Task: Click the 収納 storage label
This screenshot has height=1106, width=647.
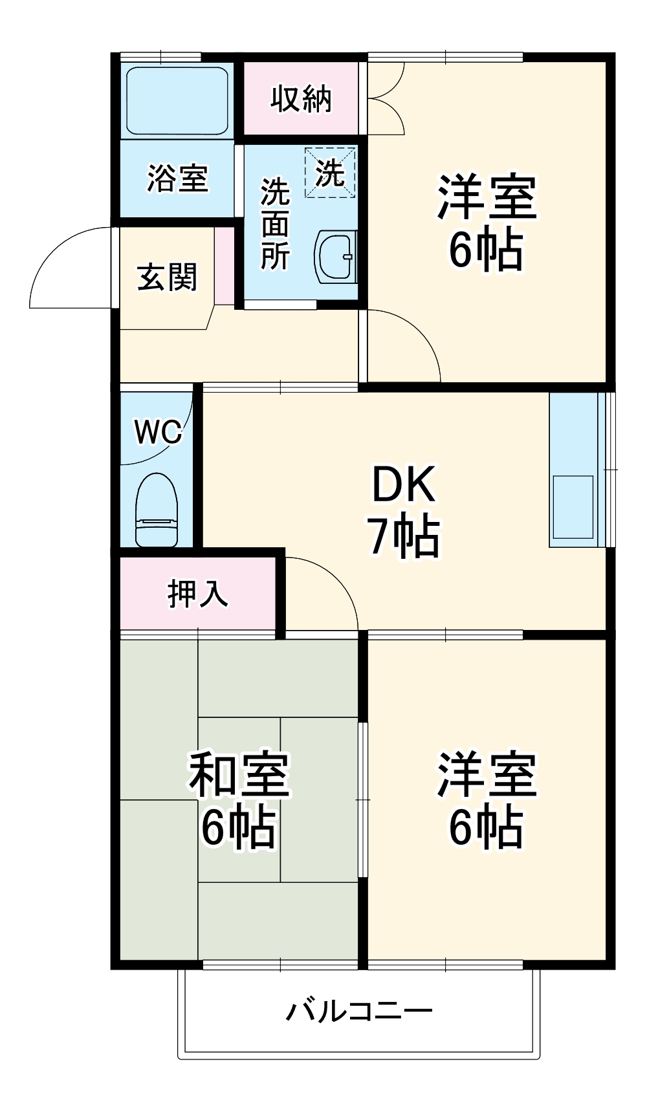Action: [301, 99]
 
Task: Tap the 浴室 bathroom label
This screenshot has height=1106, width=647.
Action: [177, 178]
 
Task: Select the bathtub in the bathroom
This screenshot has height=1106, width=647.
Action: [177, 100]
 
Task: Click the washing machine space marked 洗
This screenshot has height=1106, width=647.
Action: [330, 172]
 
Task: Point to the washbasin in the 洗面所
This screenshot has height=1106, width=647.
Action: [336, 256]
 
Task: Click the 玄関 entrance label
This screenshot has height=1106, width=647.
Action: [167, 277]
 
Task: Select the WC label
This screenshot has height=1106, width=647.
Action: [158, 431]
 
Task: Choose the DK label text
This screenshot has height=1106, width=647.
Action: [404, 484]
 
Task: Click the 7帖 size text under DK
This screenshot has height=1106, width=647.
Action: [404, 536]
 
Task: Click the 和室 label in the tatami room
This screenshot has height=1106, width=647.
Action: [238, 774]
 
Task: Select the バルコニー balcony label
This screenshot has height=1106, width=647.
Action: [359, 1010]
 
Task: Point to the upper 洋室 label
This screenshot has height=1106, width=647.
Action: [487, 196]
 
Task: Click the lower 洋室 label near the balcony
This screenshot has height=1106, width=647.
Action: [487, 774]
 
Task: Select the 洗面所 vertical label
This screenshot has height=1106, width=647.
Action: [275, 224]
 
